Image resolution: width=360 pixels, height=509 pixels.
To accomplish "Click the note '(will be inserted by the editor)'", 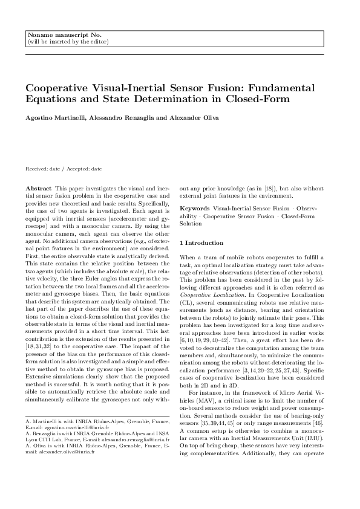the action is click(x=68, y=42).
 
